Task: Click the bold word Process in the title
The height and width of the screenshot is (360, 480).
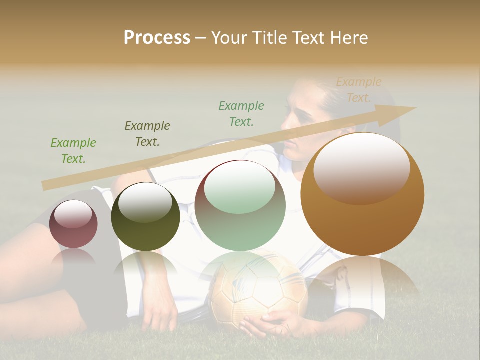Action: (157, 38)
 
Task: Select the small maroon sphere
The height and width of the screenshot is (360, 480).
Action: (73, 224)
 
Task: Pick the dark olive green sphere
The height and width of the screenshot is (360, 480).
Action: (145, 216)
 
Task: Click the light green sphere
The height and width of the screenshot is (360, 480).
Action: (240, 205)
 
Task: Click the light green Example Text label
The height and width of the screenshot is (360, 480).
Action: (73, 151)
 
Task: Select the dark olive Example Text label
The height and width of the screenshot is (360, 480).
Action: (147, 133)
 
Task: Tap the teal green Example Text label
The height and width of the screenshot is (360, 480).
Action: (241, 113)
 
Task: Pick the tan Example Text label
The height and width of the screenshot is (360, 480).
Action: (358, 90)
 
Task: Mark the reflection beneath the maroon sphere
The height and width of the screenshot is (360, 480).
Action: (73, 257)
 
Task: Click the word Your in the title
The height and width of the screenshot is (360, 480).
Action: (230, 38)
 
